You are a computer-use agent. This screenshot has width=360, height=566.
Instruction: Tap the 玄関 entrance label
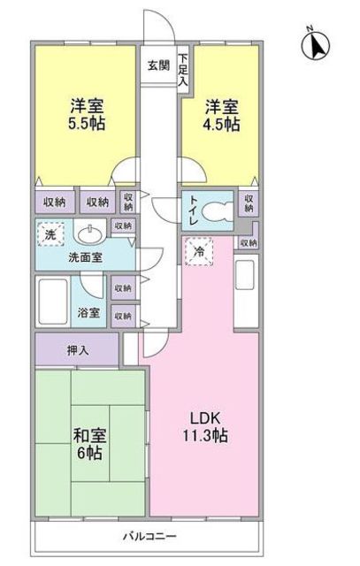[x=158, y=65]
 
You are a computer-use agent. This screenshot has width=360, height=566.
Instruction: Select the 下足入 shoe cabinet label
[x=183, y=69]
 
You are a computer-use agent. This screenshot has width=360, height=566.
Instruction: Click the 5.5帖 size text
[x=87, y=124]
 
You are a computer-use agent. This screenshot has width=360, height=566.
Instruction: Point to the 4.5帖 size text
[x=221, y=125]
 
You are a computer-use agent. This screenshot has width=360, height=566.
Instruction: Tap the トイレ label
[x=193, y=210]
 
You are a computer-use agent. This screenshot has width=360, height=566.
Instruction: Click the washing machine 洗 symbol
[x=50, y=234]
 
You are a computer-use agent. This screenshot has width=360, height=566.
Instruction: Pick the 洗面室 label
[x=86, y=257]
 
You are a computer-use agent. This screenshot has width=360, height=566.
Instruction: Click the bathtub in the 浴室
[x=53, y=302]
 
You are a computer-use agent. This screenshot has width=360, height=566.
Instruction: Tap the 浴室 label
[x=88, y=312]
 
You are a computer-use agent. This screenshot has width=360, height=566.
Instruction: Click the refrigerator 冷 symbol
[x=199, y=251]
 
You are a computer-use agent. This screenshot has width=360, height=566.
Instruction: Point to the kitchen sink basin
[x=244, y=275]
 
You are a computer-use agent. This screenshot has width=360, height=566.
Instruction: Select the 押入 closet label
[x=78, y=350]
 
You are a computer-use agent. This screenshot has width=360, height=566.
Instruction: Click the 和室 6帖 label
[x=89, y=444]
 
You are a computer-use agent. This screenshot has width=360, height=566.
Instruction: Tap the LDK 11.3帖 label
[x=205, y=427]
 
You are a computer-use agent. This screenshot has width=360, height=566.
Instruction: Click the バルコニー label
[x=149, y=536]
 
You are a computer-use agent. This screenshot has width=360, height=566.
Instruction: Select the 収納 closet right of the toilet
[x=249, y=203]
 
